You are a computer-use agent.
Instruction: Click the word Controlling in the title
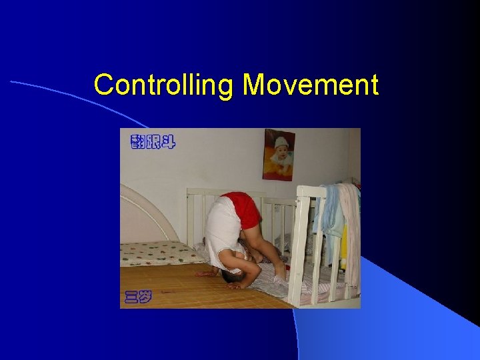[x=165, y=86]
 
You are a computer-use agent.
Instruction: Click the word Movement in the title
[x=310, y=85]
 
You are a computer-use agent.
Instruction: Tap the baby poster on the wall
[x=279, y=154]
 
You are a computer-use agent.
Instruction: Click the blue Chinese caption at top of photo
[x=153, y=141]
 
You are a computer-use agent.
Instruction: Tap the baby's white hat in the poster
[x=281, y=142]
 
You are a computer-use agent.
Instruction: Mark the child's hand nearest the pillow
[x=206, y=273]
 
